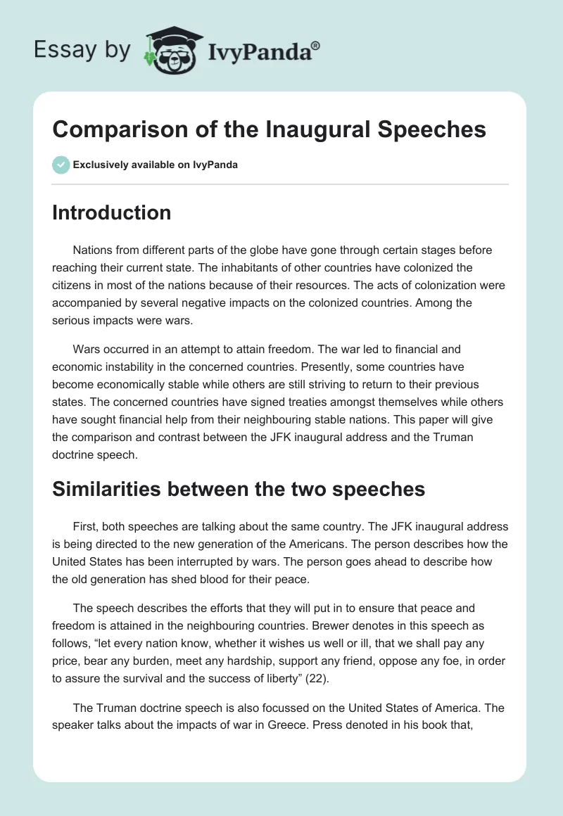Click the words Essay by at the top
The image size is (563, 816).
click(82, 51)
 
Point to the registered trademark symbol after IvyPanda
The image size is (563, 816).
click(316, 46)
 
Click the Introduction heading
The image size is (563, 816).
click(111, 213)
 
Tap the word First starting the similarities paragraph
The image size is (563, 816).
click(86, 527)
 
